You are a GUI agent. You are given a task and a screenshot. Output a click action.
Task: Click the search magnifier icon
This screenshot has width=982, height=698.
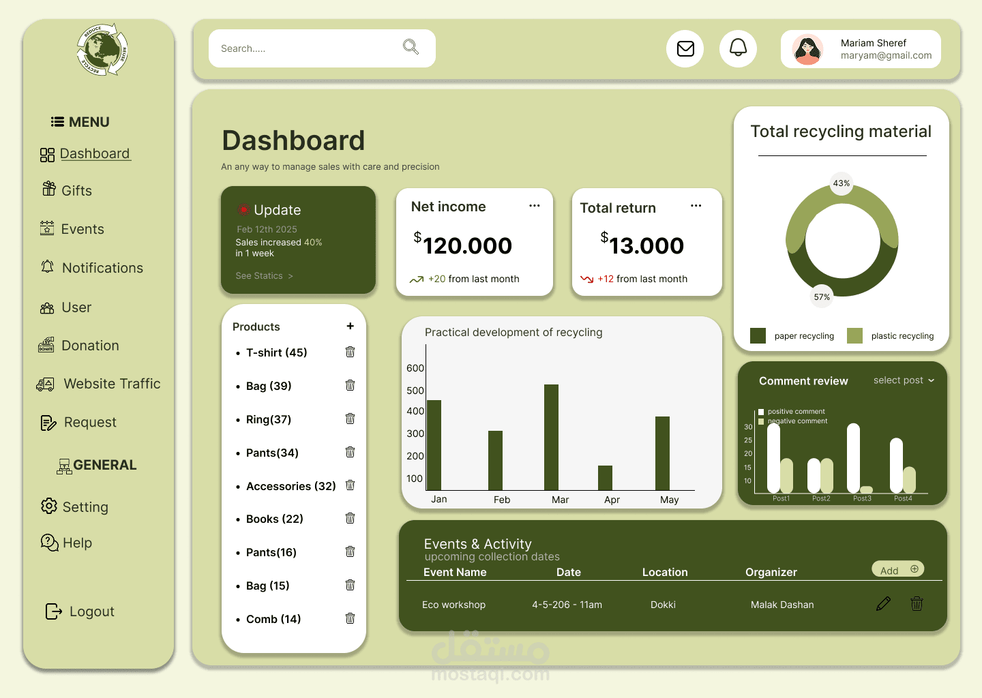pos(411,47)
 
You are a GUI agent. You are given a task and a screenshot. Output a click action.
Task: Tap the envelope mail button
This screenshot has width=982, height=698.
pos(685,48)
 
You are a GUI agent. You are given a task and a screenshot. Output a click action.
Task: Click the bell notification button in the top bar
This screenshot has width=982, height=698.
pos(738,48)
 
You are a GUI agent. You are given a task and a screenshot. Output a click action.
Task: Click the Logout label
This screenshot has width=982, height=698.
pos(91,611)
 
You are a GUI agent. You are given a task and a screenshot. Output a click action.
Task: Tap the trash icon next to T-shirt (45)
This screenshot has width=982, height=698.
pos(350,352)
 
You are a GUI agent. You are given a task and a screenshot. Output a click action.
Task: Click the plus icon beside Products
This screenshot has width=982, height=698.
pos(350,327)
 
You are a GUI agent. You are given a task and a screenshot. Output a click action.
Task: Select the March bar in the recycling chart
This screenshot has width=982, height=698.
pos(551,437)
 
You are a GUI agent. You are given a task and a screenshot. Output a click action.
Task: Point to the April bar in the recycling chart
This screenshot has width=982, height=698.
pos(605,477)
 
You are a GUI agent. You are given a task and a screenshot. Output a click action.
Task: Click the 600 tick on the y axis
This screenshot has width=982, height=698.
pos(415,368)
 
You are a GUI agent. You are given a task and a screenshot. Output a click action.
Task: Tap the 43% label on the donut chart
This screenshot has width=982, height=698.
pos(842,183)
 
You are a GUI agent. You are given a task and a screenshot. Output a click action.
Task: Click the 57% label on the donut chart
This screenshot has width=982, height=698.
pos(822,297)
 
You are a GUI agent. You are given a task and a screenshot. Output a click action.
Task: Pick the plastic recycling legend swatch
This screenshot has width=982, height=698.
pos(854,335)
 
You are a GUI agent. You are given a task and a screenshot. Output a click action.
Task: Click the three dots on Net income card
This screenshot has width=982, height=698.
pos(535,205)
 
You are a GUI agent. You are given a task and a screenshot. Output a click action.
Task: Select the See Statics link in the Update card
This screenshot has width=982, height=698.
pos(264,276)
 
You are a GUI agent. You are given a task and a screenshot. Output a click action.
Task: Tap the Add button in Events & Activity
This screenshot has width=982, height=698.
pos(897,570)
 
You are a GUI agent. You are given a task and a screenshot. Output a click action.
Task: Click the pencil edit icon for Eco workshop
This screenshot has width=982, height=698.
pos(883,604)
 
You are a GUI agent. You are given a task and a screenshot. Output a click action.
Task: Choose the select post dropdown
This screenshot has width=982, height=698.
pos(904,380)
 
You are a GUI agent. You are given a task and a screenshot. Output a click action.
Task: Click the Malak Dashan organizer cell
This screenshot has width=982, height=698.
pos(782,605)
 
